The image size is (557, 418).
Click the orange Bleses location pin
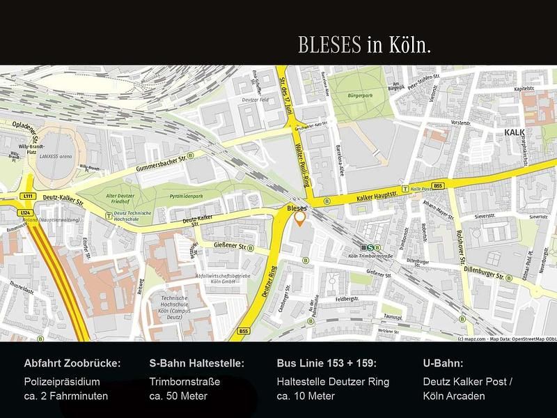pyautogui.click(x=300, y=219)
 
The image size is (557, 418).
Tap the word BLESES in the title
pyautogui.click(x=329, y=45)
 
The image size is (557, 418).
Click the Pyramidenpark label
pyautogui.click(x=187, y=196)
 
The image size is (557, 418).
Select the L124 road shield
pyautogui.click(x=26, y=212)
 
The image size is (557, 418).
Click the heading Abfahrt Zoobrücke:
pyautogui.click(x=72, y=364)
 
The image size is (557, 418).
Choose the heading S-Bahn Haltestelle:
pyautogui.click(x=196, y=364)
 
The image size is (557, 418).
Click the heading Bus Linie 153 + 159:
pyautogui.click(x=327, y=364)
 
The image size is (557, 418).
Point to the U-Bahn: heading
pyautogui.click(x=443, y=364)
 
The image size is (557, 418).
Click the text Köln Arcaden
pyautogui.click(x=454, y=396)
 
